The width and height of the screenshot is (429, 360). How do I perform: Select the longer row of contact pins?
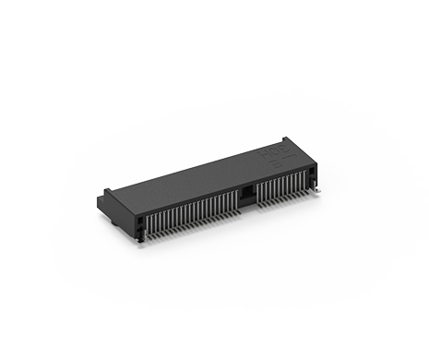click(194, 213)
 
